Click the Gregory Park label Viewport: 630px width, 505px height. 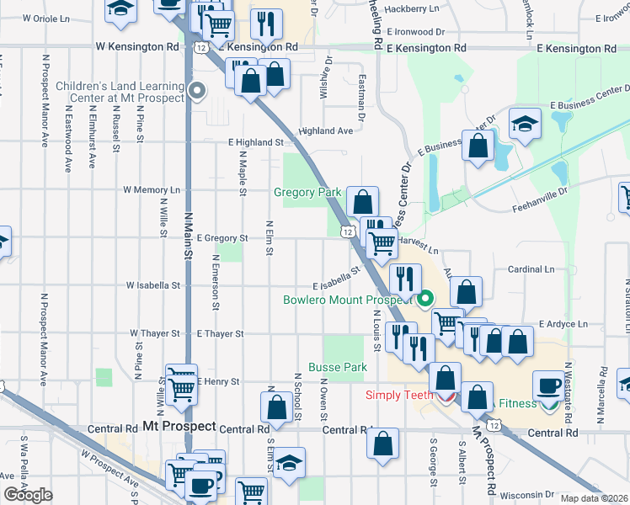[307, 193]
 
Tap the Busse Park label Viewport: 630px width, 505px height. [337, 367]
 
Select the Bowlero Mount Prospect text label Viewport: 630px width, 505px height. [346, 300]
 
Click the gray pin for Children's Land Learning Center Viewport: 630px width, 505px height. [197, 91]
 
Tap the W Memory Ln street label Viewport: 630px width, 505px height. [152, 190]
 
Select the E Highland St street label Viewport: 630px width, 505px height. [256, 143]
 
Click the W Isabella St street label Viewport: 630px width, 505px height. [153, 285]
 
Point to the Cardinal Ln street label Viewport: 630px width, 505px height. [531, 269]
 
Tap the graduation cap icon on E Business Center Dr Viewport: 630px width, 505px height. [524, 125]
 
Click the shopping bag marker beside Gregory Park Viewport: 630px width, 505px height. [362, 202]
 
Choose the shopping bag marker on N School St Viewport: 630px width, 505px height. [276, 408]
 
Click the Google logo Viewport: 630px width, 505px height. [27, 495]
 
